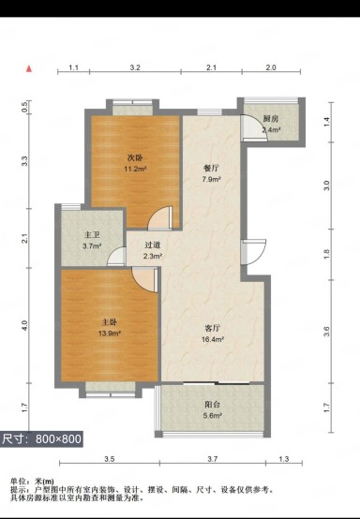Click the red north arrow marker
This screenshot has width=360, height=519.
(29, 68)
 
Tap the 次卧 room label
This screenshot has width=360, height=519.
(135, 157)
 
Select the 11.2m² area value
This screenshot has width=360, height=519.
(135, 170)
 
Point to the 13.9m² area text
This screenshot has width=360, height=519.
(110, 334)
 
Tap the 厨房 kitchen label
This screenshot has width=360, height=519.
(271, 119)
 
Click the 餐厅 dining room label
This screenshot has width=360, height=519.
(211, 168)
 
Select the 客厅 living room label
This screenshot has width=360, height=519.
(213, 328)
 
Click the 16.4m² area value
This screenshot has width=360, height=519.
(213, 339)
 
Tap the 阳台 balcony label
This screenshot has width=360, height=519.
(212, 404)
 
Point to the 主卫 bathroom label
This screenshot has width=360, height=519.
(92, 235)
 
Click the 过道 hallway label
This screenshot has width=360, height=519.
(153, 245)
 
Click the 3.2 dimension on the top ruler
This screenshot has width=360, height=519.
(135, 67)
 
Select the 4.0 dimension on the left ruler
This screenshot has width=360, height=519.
(24, 325)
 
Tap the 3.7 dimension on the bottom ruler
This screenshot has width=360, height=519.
(212, 459)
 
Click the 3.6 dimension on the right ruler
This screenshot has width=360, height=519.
(326, 332)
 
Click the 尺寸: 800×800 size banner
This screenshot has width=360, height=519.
(41, 439)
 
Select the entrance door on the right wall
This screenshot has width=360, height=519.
(253, 252)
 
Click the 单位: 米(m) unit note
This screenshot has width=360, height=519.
(32, 482)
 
